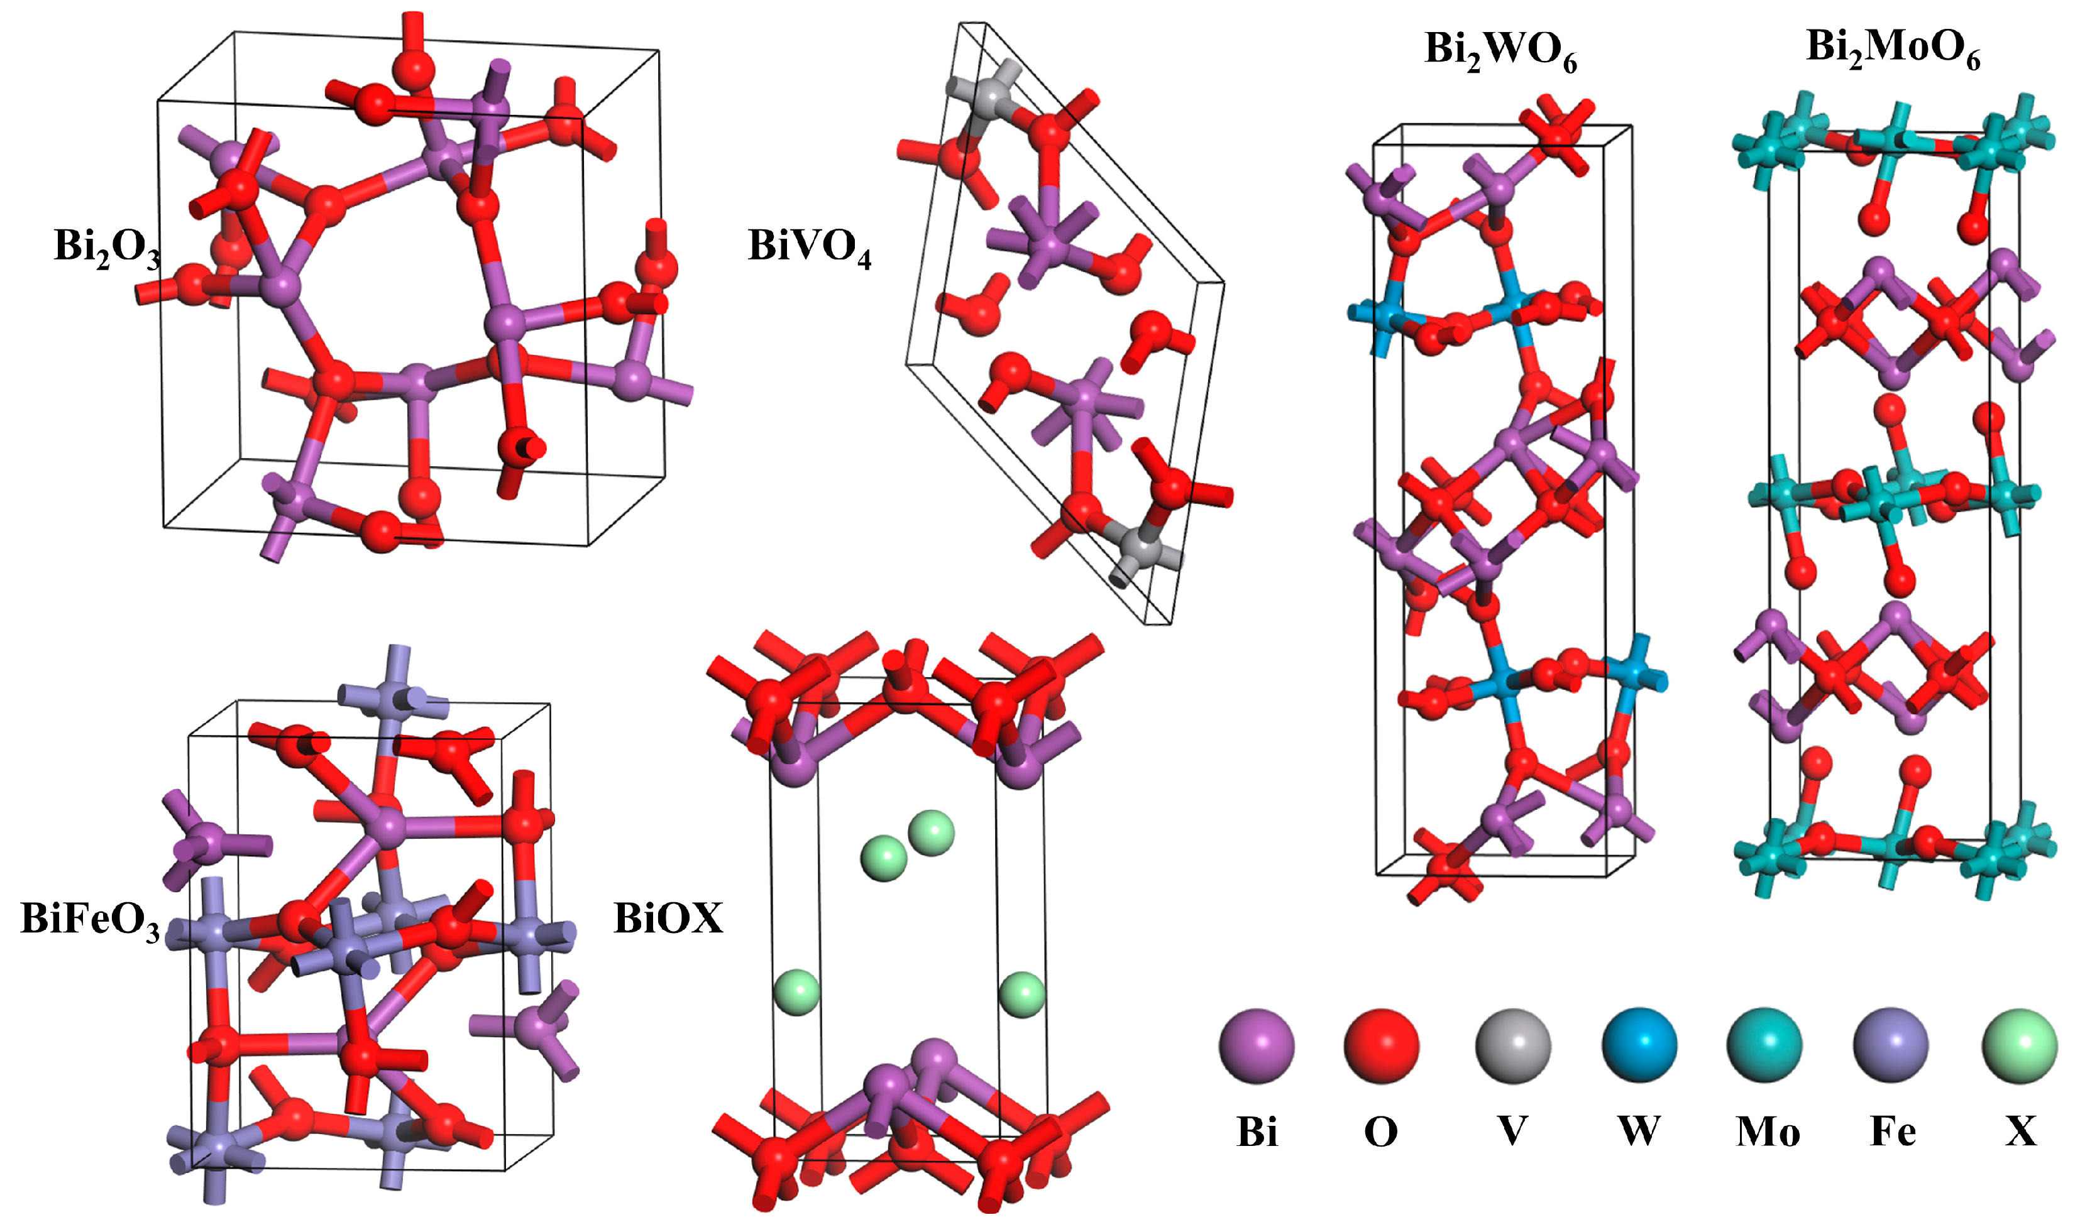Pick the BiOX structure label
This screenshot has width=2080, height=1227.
click(668, 919)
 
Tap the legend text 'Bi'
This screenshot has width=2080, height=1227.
click(1257, 1132)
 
